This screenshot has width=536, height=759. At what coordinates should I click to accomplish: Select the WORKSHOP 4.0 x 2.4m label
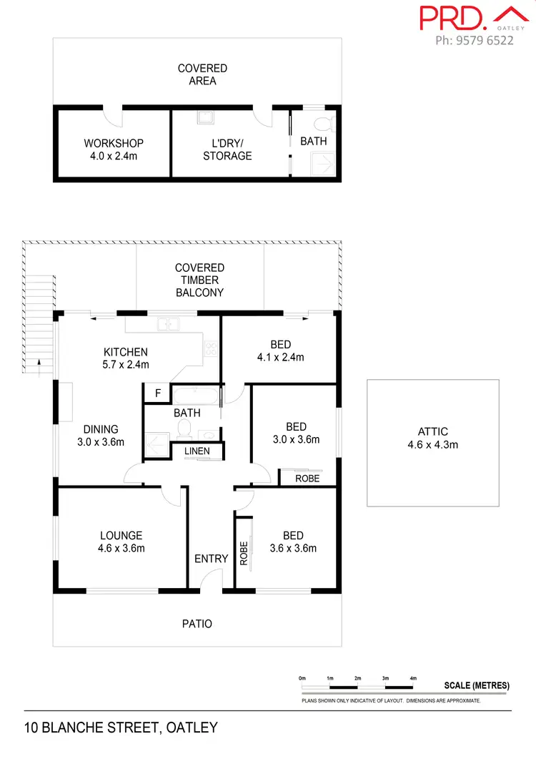pyautogui.click(x=114, y=149)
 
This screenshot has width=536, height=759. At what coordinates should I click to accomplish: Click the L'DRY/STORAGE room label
pyautogui.click(x=227, y=149)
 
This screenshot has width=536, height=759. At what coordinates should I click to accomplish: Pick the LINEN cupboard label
pyautogui.click(x=197, y=451)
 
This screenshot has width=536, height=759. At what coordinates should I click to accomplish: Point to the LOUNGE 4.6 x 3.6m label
pyautogui.click(x=121, y=542)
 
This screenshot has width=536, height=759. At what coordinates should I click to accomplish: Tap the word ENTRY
pyautogui.click(x=212, y=559)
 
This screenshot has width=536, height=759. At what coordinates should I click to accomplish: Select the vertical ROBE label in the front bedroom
pyautogui.click(x=244, y=553)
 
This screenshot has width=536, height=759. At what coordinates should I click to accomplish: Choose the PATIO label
pyautogui.click(x=197, y=623)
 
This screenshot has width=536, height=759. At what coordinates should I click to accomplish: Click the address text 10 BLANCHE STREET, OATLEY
pyautogui.click(x=121, y=728)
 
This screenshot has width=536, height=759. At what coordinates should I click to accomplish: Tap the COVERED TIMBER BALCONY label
pyautogui.click(x=200, y=280)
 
